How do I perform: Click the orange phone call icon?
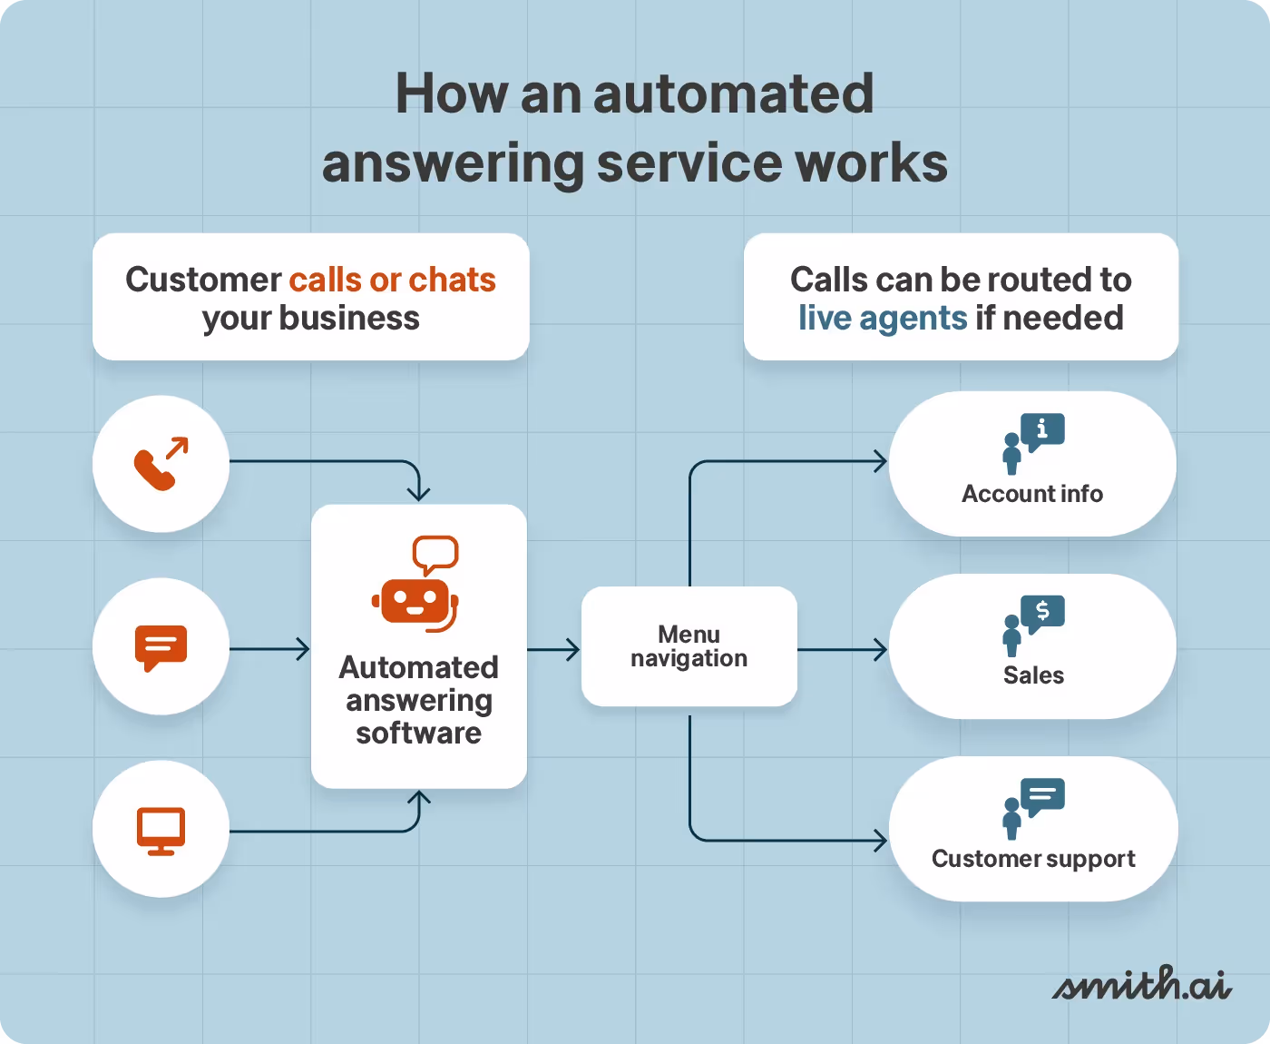coord(161,464)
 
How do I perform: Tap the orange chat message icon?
coord(161,647)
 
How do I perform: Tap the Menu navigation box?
coord(689,646)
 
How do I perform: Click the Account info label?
coord(1032,494)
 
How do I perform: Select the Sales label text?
coord(1033,675)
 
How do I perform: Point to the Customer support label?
coord(1033,859)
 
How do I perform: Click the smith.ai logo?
coord(1141,985)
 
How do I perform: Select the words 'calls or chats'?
coord(392,280)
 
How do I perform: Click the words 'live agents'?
coord(883,319)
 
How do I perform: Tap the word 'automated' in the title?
coord(733,94)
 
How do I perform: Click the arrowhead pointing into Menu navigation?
coord(572,650)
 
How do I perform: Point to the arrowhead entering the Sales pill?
coord(880,650)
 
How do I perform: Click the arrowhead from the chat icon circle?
coord(302,649)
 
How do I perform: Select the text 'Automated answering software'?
coord(418,700)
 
